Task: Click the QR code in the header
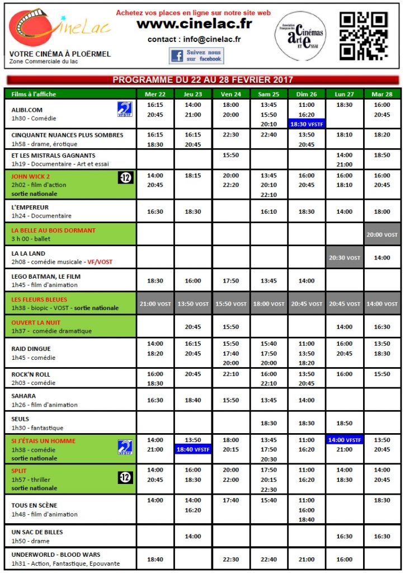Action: tap(364, 36)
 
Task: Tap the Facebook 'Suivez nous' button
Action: tap(196, 55)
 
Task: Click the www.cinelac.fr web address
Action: tap(194, 24)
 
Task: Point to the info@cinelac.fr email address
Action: tap(194, 39)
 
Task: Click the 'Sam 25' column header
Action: tap(269, 94)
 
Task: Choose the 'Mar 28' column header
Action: tap(382, 94)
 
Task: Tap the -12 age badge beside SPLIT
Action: tap(125, 477)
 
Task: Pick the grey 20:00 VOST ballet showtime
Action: tap(382, 234)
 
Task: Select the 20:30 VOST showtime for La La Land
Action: tap(345, 257)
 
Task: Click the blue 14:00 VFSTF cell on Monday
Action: tap(345, 440)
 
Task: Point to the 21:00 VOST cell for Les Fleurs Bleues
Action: tap(155, 304)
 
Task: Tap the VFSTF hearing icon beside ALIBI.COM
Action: tap(125, 109)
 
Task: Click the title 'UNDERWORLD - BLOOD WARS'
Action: tap(48, 555)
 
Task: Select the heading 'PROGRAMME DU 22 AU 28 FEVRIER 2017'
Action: tap(202, 80)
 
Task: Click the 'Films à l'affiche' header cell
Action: tap(34, 94)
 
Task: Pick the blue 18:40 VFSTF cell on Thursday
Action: tap(193, 449)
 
